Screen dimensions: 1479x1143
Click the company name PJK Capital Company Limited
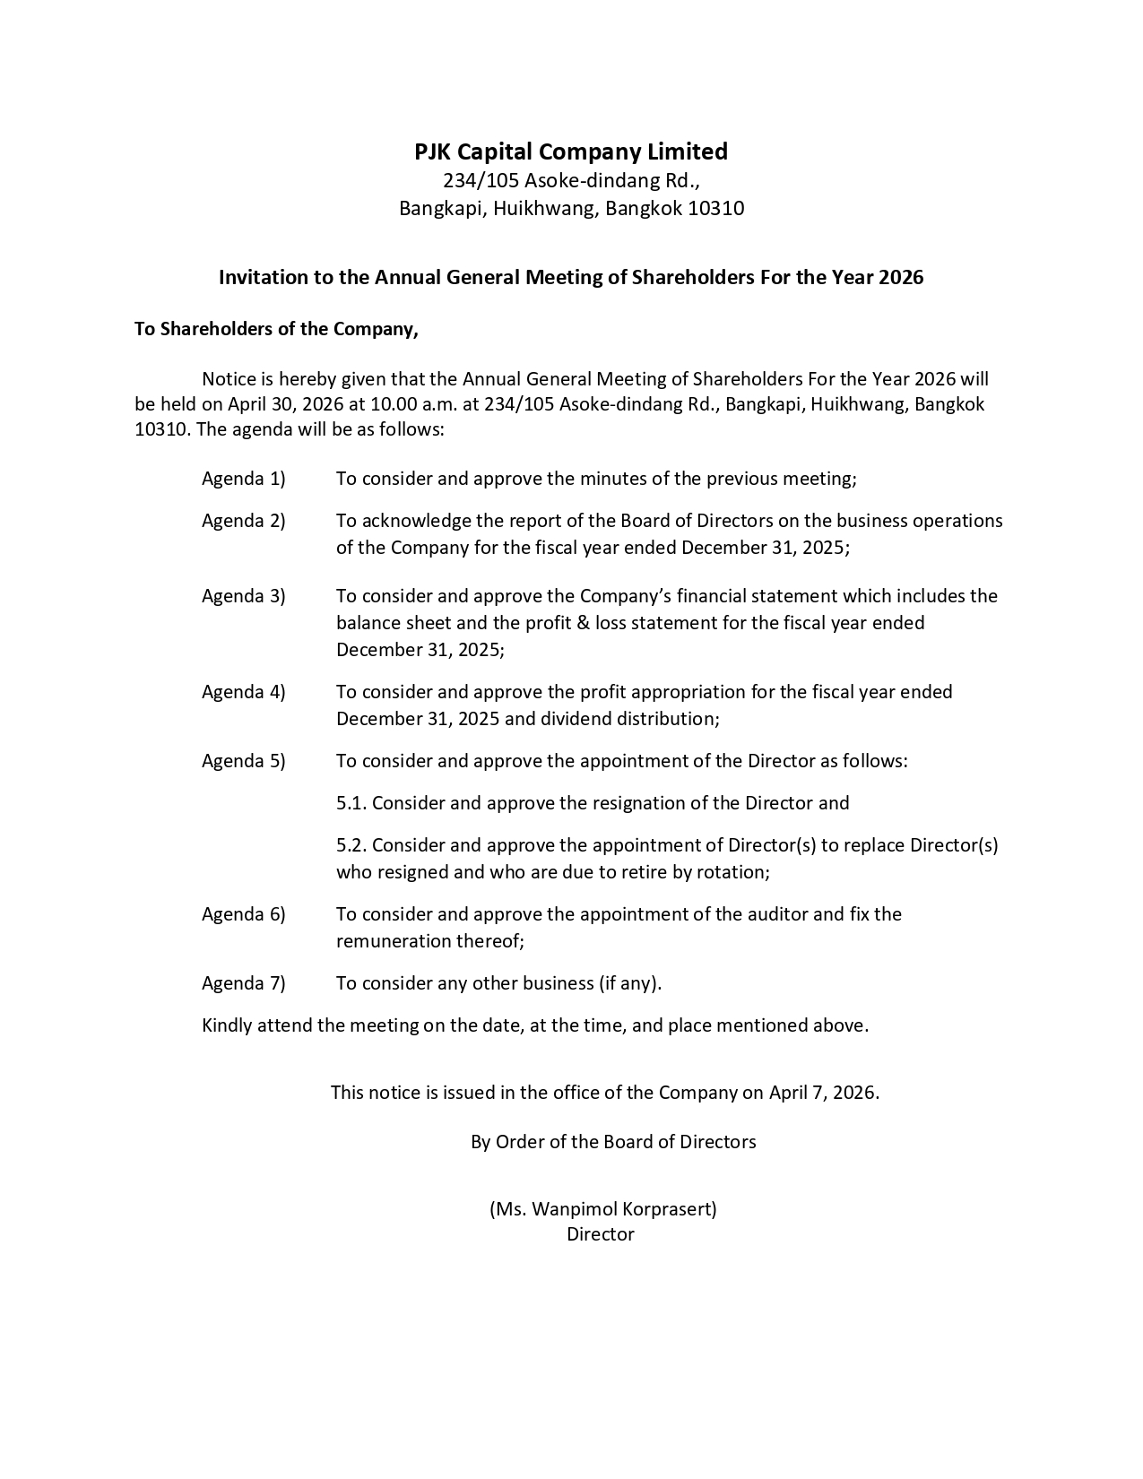tap(571, 151)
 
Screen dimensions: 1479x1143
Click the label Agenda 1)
tap(243, 479)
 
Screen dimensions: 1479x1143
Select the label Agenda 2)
tap(243, 521)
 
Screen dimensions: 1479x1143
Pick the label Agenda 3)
tap(243, 596)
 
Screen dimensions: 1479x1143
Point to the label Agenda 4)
tap(243, 692)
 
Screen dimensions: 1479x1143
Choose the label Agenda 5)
tap(243, 761)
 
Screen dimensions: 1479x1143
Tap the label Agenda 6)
tap(243, 914)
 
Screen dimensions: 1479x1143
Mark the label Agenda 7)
tap(243, 983)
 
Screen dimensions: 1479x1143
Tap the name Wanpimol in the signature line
tap(570, 1208)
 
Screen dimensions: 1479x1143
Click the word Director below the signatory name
tap(600, 1234)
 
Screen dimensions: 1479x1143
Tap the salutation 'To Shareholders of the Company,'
tap(276, 329)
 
